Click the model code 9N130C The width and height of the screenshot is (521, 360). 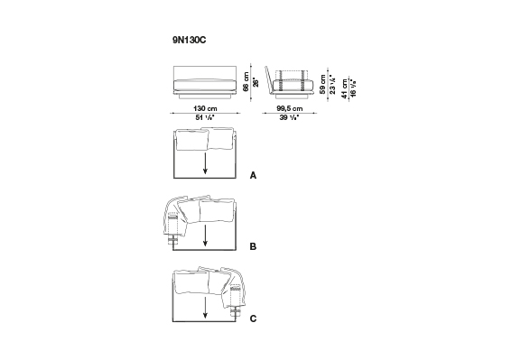[189, 41]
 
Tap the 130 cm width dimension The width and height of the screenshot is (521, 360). [205, 108]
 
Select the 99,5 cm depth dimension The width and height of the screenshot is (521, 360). [290, 108]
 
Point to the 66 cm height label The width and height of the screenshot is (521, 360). [247, 82]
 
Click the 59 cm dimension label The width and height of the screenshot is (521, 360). [323, 84]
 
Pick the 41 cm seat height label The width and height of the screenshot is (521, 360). [345, 88]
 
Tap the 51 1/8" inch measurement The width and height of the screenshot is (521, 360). [205, 117]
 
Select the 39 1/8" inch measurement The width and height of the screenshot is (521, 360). [290, 117]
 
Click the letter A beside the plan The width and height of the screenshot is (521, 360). [253, 175]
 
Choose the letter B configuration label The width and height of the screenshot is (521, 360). [253, 246]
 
